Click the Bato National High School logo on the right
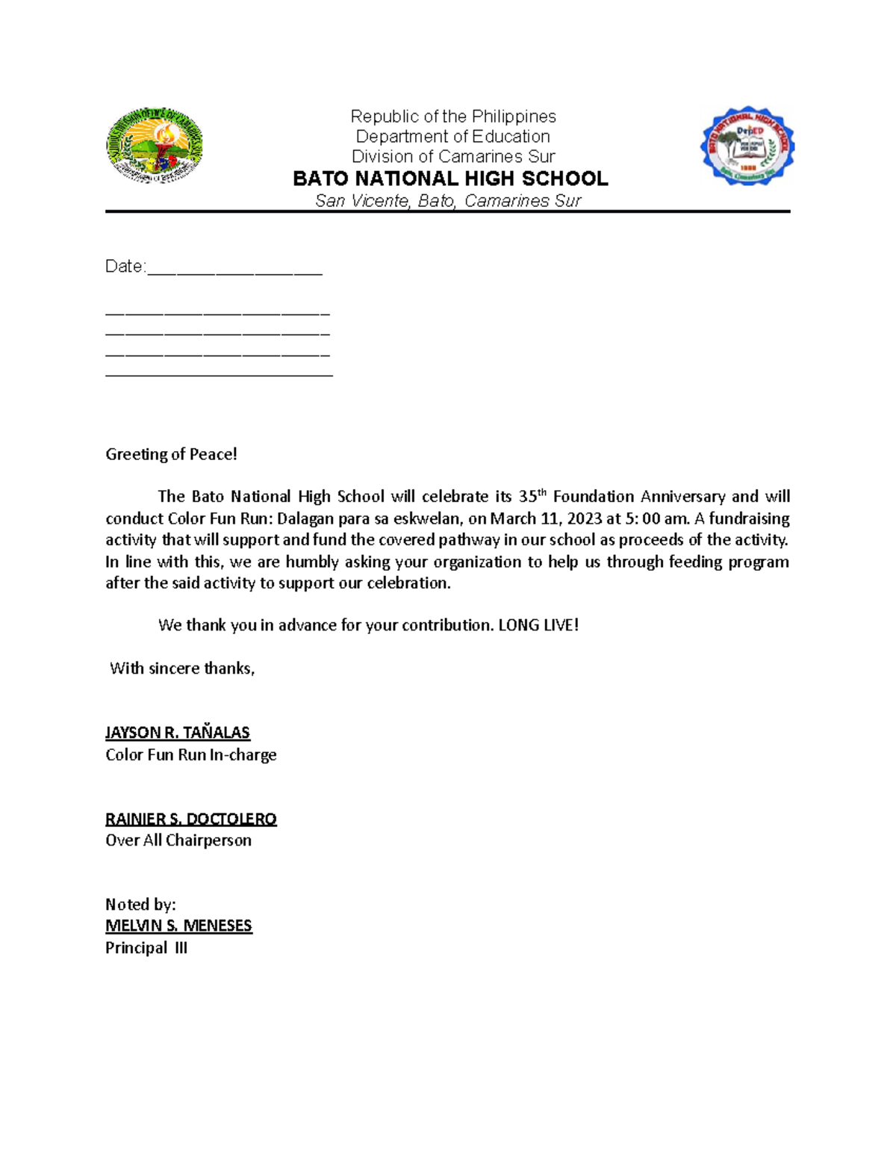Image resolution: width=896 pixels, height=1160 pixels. pyautogui.click(x=747, y=146)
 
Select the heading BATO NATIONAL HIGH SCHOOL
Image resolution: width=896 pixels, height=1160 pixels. pyautogui.click(x=450, y=179)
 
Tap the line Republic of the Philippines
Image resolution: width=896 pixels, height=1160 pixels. pyautogui.click(x=453, y=117)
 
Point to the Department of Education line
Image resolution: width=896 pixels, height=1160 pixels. pyautogui.click(x=452, y=137)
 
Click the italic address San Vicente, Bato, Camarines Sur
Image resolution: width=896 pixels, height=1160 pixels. pyautogui.click(x=448, y=201)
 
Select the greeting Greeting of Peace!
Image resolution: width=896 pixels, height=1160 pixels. pyautogui.click(x=171, y=454)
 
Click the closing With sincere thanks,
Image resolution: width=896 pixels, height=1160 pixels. pyautogui.click(x=182, y=669)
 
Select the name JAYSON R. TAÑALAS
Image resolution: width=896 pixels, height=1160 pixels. pyautogui.click(x=178, y=733)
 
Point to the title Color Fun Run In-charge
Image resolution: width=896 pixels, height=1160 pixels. pyautogui.click(x=191, y=755)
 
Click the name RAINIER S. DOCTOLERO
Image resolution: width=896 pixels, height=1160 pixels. pyautogui.click(x=191, y=819)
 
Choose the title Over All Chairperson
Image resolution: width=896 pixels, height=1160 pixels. pyautogui.click(x=178, y=840)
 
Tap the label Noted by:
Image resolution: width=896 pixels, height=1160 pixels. pyautogui.click(x=140, y=905)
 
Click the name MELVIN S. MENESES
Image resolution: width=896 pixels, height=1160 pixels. pyautogui.click(x=178, y=926)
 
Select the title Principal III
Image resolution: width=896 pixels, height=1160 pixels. pyautogui.click(x=146, y=948)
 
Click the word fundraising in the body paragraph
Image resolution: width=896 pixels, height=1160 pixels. pyautogui.click(x=749, y=518)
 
